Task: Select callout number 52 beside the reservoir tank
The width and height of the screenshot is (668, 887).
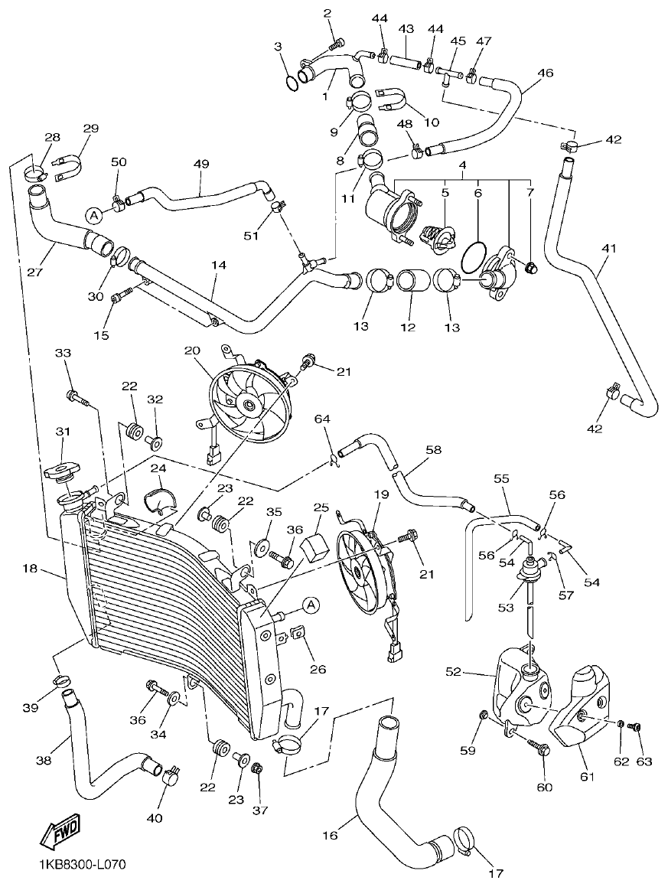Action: tap(455, 671)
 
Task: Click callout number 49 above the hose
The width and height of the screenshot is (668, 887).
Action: tap(200, 165)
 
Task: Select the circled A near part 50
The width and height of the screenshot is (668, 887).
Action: tap(93, 215)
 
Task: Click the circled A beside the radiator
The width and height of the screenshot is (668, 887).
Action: tap(311, 605)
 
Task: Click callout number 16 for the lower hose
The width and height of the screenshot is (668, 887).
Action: tap(330, 836)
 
